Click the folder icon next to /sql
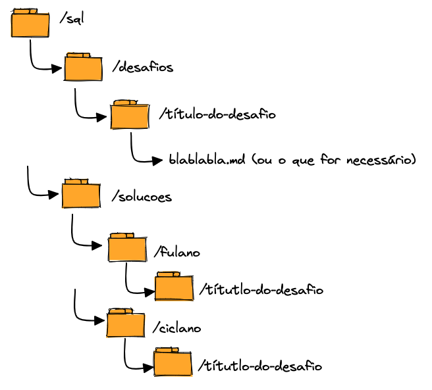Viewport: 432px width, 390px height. click(30, 24)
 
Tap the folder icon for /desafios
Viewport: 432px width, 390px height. click(83, 67)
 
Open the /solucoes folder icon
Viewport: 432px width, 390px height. click(81, 194)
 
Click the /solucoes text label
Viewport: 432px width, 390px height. click(142, 197)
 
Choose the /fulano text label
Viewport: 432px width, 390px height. click(176, 253)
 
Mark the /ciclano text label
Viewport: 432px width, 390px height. click(176, 328)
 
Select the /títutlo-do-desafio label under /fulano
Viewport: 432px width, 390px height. click(261, 290)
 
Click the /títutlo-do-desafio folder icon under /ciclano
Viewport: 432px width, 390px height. click(173, 362)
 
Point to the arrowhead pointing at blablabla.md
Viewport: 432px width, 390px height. click(157, 160)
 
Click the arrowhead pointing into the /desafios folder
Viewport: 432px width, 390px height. click(57, 68)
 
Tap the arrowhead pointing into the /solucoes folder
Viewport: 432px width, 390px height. click(55, 195)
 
